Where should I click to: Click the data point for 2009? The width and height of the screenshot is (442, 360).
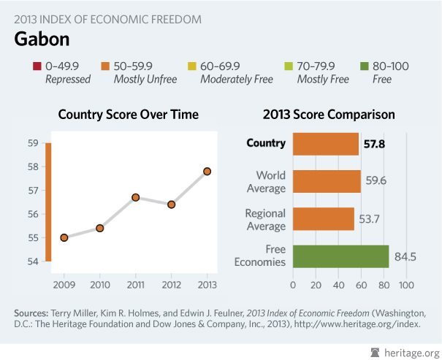[x=64, y=237]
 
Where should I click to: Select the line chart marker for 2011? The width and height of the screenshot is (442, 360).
[x=136, y=197]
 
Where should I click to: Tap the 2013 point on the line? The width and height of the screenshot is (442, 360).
[x=207, y=171]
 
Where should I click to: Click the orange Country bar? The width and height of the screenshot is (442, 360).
[x=326, y=144]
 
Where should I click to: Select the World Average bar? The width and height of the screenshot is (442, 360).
[x=327, y=182]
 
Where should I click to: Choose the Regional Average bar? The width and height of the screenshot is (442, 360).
[x=323, y=219]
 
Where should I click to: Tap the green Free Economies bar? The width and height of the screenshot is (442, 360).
[x=340, y=256]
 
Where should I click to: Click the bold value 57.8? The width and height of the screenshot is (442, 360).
[x=374, y=144]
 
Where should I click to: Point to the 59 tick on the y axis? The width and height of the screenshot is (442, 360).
[x=33, y=143]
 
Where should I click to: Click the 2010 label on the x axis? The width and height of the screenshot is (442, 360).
[x=100, y=283]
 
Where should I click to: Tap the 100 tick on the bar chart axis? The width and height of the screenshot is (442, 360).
[x=405, y=283]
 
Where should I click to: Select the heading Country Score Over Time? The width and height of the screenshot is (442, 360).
[x=129, y=115]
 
